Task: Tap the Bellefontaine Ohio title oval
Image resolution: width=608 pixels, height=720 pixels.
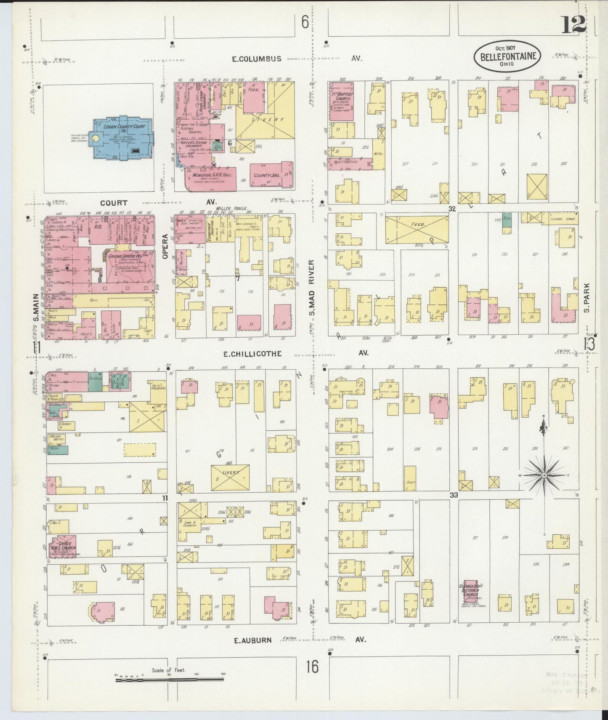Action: click(x=507, y=56)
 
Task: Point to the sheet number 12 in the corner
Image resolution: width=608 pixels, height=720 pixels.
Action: click(x=573, y=26)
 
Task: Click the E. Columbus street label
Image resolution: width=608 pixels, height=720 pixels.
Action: click(x=256, y=59)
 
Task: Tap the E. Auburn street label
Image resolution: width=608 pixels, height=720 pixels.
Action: click(x=252, y=640)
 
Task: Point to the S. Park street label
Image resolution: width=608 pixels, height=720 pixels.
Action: click(x=587, y=298)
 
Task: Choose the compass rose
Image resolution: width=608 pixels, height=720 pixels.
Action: click(x=544, y=475)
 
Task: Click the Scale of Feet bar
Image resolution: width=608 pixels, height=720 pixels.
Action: click(x=169, y=679)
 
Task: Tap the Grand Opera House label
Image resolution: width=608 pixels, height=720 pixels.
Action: click(x=125, y=256)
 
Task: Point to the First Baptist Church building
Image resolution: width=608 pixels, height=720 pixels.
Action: click(x=341, y=101)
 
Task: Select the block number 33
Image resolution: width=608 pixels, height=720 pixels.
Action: click(x=453, y=495)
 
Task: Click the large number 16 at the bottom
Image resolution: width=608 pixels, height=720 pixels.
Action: click(x=312, y=667)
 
